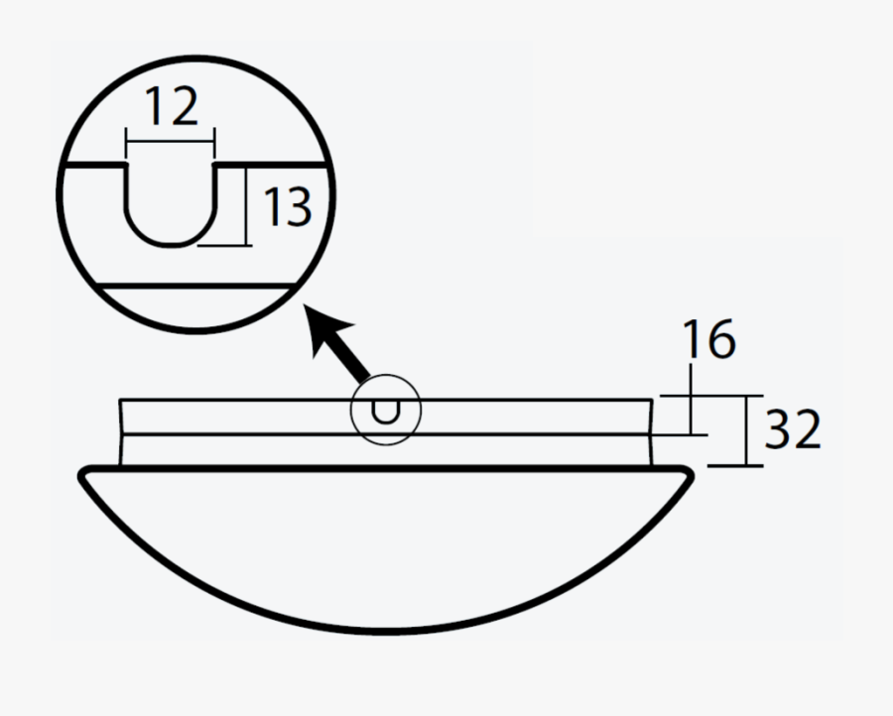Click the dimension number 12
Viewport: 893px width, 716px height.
pos(172,107)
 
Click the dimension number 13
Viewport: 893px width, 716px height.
pos(287,207)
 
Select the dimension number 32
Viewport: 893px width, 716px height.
pos(793,430)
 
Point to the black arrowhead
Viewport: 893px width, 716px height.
pos(328,332)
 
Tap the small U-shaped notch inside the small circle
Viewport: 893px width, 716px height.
pos(386,411)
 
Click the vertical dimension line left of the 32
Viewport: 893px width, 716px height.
pos(745,430)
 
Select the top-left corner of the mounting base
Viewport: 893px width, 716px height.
pos(120,401)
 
